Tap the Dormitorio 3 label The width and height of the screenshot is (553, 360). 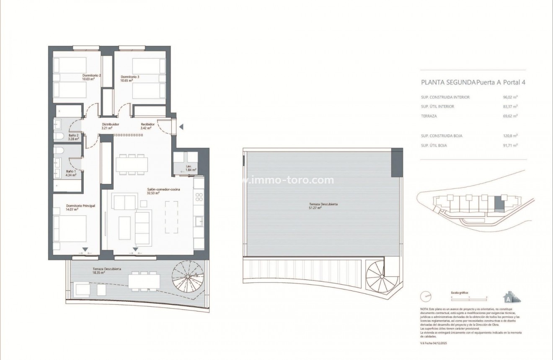pyautogui.click(x=130, y=77)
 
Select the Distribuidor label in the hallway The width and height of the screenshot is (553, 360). pyautogui.click(x=111, y=124)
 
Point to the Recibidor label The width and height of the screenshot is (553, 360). pyautogui.click(x=148, y=124)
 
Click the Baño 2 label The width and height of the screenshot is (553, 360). pyautogui.click(x=74, y=136)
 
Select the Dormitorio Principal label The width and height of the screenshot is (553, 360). pyautogui.click(x=81, y=206)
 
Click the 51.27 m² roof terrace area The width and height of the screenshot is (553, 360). pyautogui.click(x=315, y=207)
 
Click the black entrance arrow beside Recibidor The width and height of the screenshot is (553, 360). pyautogui.click(x=181, y=127)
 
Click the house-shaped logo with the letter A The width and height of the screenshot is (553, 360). pyautogui.click(x=511, y=297)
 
